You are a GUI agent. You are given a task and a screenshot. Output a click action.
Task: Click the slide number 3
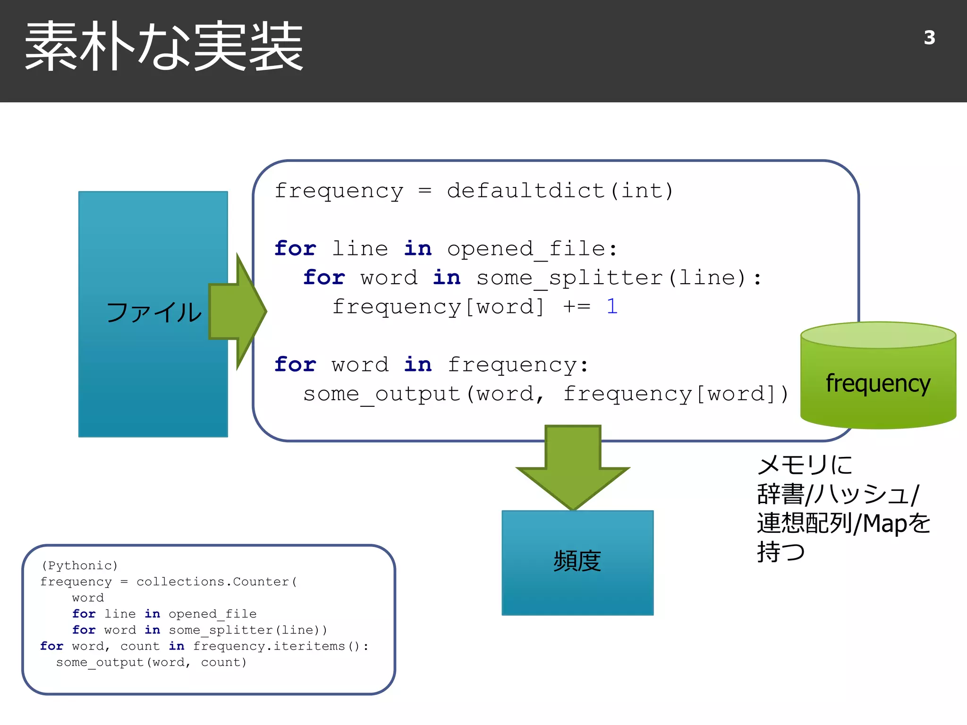click(929, 38)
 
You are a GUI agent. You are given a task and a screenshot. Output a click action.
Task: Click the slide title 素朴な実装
click(164, 47)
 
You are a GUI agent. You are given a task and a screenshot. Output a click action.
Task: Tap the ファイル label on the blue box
click(154, 312)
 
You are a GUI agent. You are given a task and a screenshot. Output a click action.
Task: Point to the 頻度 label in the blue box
click(577, 561)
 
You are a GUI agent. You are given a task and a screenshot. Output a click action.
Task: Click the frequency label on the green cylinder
click(878, 383)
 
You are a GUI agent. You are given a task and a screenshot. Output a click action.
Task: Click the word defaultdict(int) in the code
click(560, 191)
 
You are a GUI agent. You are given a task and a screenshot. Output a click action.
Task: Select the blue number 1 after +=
click(612, 306)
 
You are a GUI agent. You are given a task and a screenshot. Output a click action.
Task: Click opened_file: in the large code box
click(532, 249)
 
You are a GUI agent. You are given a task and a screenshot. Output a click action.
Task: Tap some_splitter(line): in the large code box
click(619, 278)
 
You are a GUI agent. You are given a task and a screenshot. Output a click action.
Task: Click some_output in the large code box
click(382, 394)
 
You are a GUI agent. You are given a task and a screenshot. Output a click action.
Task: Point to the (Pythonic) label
click(80, 565)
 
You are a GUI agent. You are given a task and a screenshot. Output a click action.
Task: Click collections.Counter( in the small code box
click(217, 582)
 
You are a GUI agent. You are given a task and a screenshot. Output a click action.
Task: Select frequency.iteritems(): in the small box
click(281, 646)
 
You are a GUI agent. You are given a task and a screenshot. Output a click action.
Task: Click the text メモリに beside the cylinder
click(805, 465)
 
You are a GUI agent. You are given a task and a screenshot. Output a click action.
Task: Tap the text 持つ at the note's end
click(781, 552)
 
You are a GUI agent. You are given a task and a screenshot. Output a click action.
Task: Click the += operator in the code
click(577, 307)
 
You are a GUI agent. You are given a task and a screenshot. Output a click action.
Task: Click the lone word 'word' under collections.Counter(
click(88, 598)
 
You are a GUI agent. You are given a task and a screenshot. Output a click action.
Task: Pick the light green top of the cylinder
click(878, 335)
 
